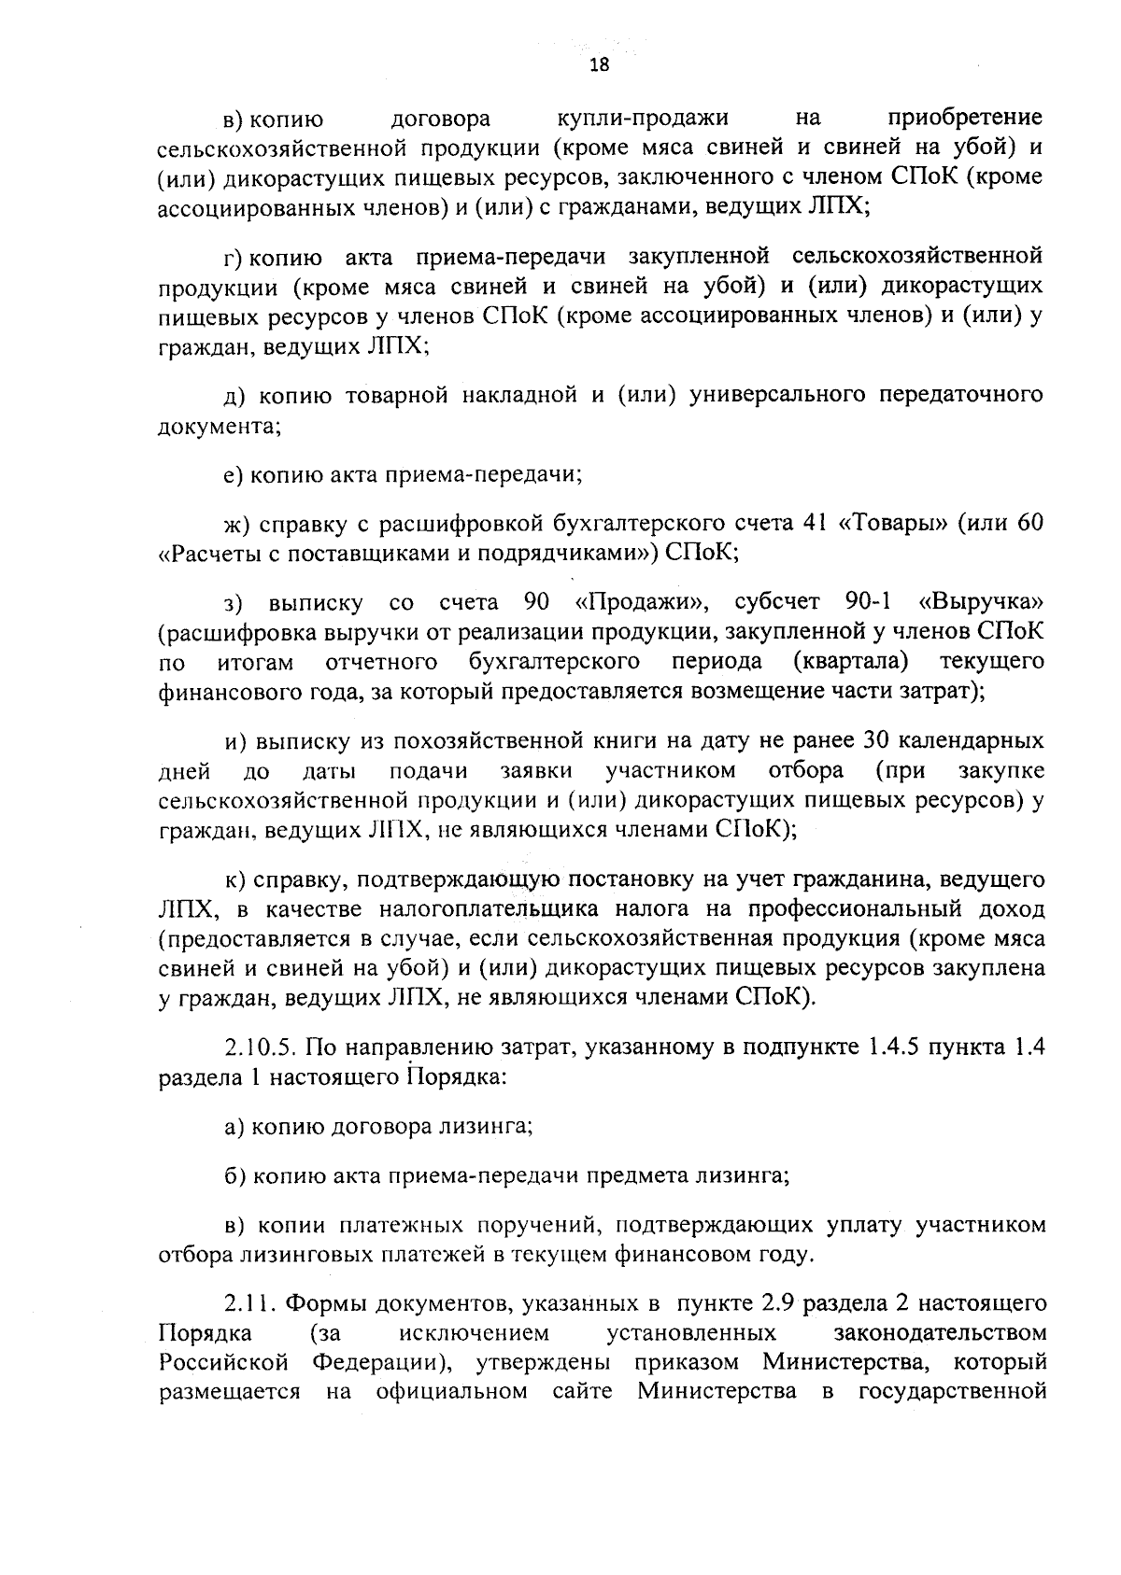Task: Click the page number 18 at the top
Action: pyautogui.click(x=599, y=64)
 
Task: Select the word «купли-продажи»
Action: pyautogui.click(x=643, y=119)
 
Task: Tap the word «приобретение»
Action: pyautogui.click(x=964, y=119)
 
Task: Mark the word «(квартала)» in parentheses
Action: pyautogui.click(x=850, y=663)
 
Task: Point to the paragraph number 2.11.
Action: pyautogui.click(x=250, y=1302)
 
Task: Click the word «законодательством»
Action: pyautogui.click(x=937, y=1332)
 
